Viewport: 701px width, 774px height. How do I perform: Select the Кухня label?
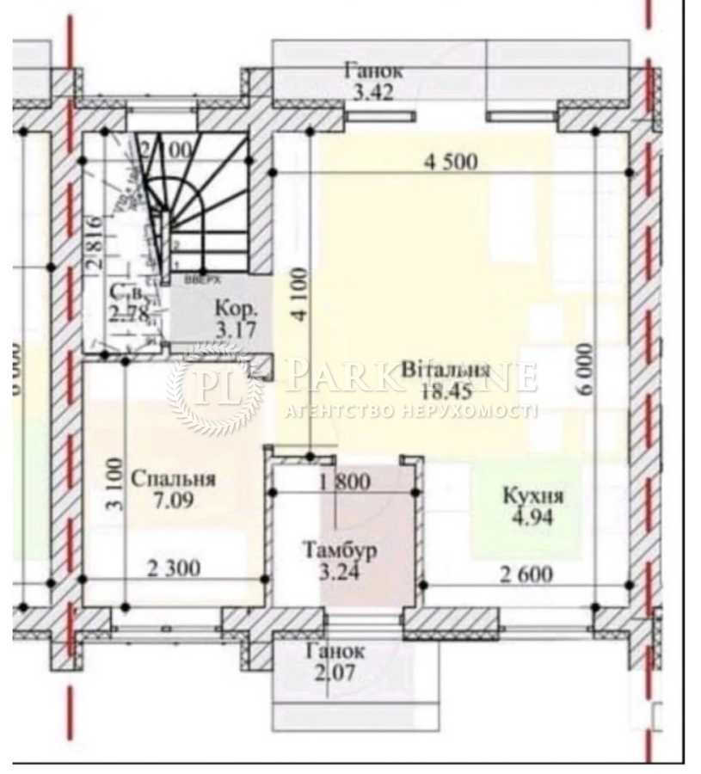click(532, 496)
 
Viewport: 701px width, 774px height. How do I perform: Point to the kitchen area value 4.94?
click(532, 517)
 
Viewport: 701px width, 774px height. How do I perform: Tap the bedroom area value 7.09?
click(172, 500)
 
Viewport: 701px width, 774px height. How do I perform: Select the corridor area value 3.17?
click(236, 328)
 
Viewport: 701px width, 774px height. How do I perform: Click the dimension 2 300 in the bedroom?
click(174, 568)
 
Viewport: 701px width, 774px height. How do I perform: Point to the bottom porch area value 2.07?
click(335, 673)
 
